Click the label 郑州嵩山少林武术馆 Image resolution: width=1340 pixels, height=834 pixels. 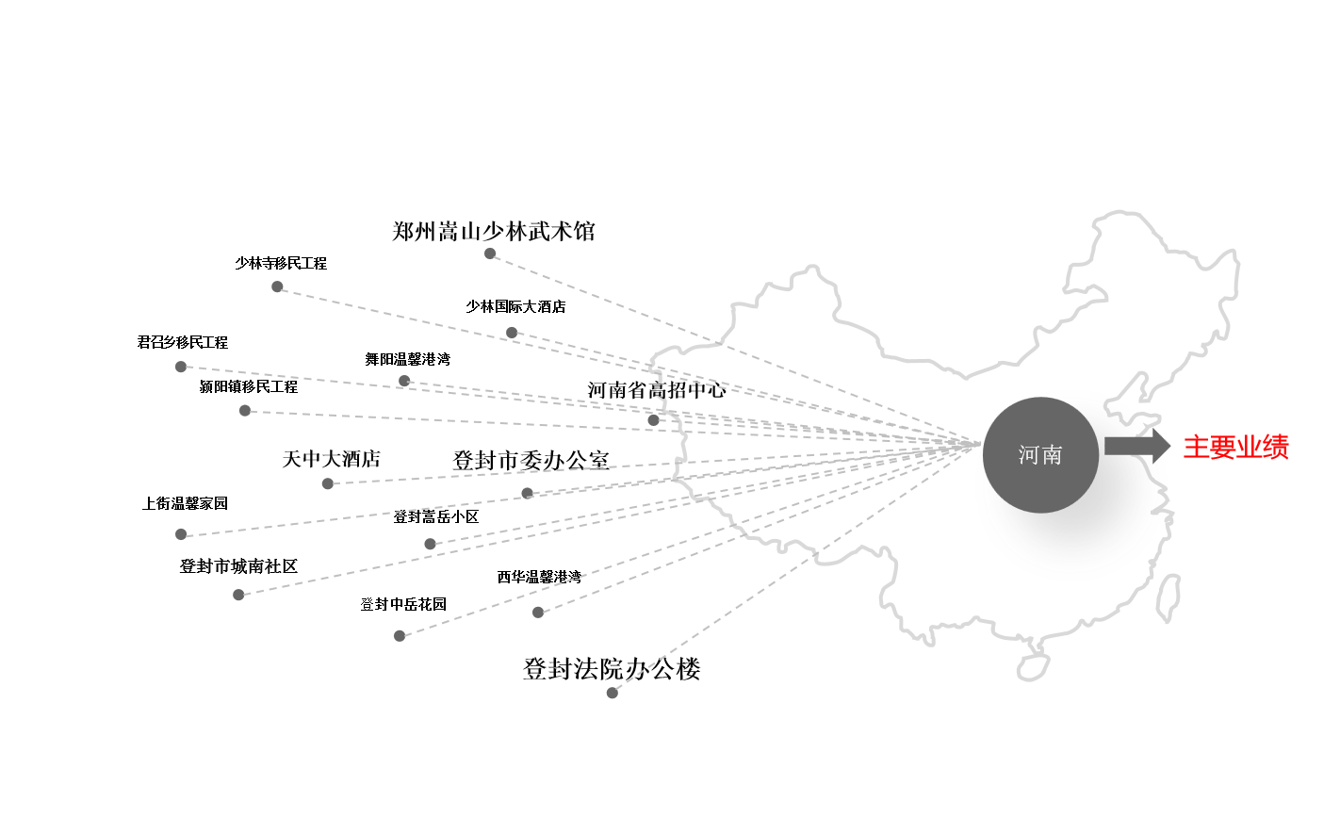[x=493, y=231]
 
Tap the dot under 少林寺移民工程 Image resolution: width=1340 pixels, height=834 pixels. [x=277, y=286]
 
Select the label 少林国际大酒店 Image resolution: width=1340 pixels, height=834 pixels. [x=515, y=306]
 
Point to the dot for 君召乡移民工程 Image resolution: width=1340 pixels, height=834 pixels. [x=181, y=367]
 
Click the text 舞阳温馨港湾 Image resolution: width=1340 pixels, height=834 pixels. [x=407, y=359]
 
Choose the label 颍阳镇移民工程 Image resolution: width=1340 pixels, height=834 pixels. [x=248, y=386]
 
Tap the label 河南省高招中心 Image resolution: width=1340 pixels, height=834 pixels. [x=657, y=390]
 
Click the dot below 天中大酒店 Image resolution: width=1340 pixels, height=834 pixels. [x=328, y=483]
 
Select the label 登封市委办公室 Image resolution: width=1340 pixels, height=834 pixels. [x=531, y=460]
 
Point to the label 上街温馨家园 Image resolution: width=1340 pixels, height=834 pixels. [x=185, y=503]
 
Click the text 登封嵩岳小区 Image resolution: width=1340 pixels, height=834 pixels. [x=435, y=516]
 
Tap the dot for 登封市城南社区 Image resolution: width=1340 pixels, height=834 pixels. [x=238, y=595]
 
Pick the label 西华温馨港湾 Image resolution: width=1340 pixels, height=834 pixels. [x=539, y=577]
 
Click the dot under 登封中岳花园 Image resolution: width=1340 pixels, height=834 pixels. [x=400, y=636]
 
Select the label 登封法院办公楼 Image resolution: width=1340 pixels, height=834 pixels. [x=612, y=669]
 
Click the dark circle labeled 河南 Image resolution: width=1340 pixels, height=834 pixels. [x=1040, y=455]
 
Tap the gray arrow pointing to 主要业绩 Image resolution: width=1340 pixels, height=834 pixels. [x=1136, y=446]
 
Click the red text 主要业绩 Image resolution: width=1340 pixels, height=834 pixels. [x=1235, y=447]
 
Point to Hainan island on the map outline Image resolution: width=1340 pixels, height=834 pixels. [x=1033, y=664]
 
